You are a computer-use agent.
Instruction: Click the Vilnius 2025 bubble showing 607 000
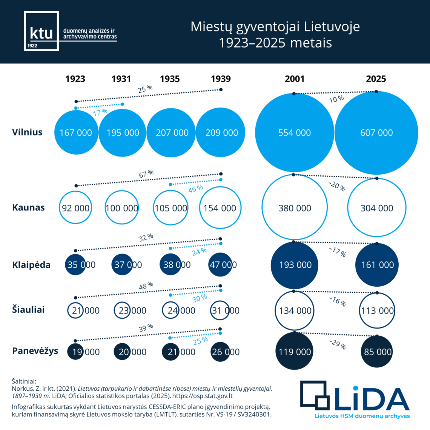pyautogui.click(x=376, y=133)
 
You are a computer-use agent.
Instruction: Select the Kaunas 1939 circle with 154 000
pyautogui.click(x=220, y=208)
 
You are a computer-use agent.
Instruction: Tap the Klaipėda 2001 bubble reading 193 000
pyautogui.click(x=295, y=265)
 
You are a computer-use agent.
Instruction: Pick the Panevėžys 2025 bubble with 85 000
pyautogui.click(x=377, y=352)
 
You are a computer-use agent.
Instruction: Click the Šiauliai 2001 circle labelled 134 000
pyautogui.click(x=295, y=310)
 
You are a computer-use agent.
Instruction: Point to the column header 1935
pyautogui.click(x=170, y=79)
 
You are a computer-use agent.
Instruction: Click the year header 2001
pyautogui.click(x=294, y=79)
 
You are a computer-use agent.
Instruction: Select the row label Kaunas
pyautogui.click(x=28, y=207)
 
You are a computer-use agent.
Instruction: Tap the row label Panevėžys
pyautogui.click(x=35, y=351)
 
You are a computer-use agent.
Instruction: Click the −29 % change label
pyautogui.click(x=337, y=344)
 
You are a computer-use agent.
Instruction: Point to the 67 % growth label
pyautogui.click(x=146, y=174)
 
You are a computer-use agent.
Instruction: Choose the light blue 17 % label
pyautogui.click(x=100, y=112)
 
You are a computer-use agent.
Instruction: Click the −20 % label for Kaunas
pyautogui.click(x=336, y=186)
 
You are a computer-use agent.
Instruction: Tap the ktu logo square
pyautogui.click(x=41, y=31)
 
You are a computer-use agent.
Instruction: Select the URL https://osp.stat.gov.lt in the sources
pyautogui.click(x=203, y=396)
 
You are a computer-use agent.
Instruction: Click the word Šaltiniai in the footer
pyautogui.click(x=24, y=381)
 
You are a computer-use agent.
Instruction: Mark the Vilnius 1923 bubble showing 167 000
pyautogui.click(x=76, y=133)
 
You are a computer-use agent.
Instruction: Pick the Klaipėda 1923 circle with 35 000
pyautogui.click(x=76, y=265)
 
